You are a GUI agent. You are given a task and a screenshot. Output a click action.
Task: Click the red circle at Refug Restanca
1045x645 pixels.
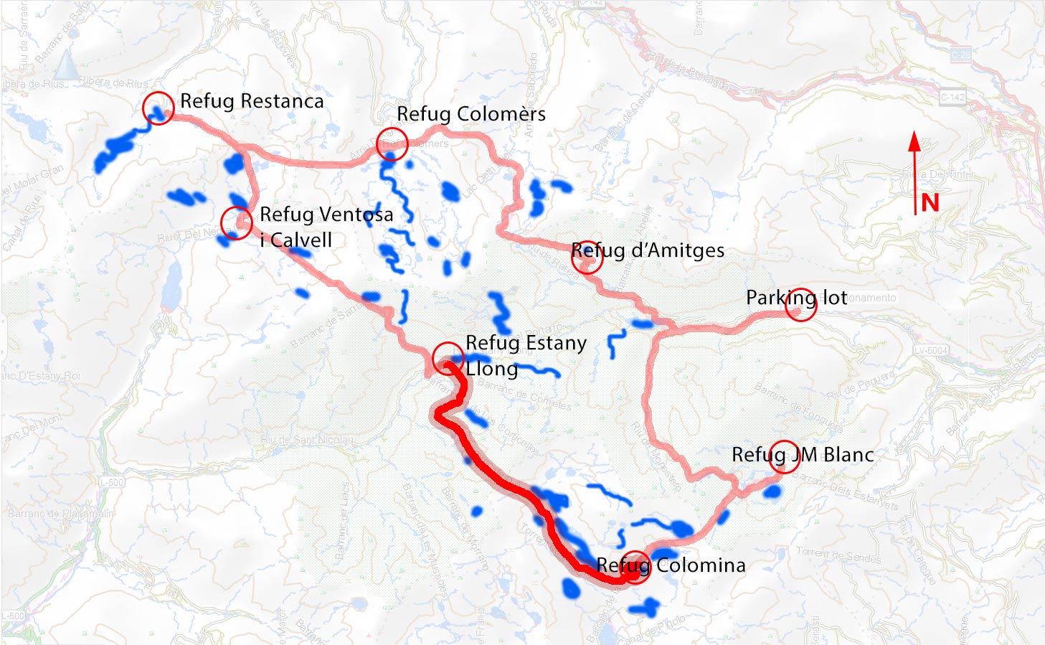click(x=158, y=108)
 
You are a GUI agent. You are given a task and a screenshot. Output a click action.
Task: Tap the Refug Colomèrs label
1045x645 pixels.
click(x=471, y=114)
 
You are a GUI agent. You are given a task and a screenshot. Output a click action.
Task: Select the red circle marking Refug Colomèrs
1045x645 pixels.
click(x=392, y=143)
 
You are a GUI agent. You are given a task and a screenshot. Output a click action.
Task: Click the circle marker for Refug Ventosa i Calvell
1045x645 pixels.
click(x=236, y=222)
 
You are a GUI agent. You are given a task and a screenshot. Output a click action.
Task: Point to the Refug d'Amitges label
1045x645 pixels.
click(x=647, y=250)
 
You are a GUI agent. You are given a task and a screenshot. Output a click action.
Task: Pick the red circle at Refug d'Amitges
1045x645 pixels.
click(x=587, y=257)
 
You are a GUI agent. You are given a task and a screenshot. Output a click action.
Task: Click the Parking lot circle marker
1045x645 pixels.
click(x=801, y=304)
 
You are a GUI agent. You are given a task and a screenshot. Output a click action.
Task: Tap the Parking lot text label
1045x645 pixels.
click(x=796, y=297)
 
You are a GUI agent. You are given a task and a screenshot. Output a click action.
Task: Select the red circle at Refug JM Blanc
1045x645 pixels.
click(x=784, y=456)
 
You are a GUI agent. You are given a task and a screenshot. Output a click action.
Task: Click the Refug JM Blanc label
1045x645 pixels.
click(x=802, y=454)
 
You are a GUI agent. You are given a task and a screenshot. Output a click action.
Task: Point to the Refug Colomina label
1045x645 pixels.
click(x=671, y=565)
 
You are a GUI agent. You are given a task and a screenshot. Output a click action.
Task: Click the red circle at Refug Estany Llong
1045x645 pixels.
click(x=448, y=359)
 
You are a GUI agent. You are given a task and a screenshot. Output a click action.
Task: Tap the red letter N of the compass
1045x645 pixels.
click(x=930, y=203)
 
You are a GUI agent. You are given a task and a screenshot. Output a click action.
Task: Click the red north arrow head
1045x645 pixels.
click(x=914, y=141)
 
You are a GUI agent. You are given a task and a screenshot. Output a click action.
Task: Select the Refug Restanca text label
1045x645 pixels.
click(x=251, y=101)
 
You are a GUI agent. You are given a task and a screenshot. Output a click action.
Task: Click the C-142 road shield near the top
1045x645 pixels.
click(x=952, y=97)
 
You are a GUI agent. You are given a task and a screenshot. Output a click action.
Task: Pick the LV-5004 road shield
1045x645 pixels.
click(x=931, y=350)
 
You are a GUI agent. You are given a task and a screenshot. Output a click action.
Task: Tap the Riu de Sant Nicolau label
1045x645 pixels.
click(x=307, y=439)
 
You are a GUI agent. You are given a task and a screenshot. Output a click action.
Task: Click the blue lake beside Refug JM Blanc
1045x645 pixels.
click(x=772, y=492)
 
